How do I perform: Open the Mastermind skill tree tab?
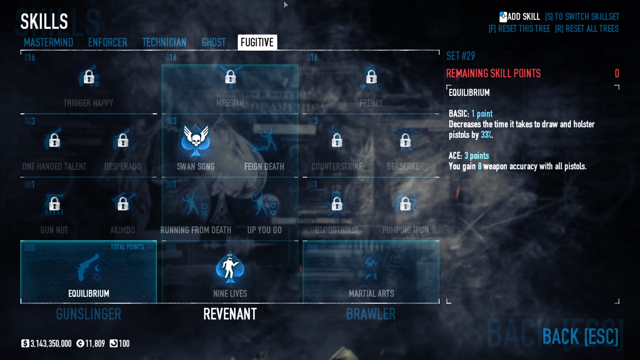[48, 42]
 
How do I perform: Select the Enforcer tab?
[108, 42]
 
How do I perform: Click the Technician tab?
[164, 42]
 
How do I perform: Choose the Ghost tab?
[214, 42]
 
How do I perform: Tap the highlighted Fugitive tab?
[257, 42]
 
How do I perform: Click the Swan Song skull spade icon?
[196, 140]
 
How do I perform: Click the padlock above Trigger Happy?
[89, 77]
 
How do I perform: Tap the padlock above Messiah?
[230, 77]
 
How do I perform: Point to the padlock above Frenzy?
[371, 77]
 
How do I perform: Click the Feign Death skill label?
[264, 166]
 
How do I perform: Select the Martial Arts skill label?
[371, 293]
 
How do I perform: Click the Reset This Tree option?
[519, 29]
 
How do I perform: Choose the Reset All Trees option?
[587, 29]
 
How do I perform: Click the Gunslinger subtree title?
[89, 314]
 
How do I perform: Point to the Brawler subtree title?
[371, 314]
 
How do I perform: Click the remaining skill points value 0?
[617, 73]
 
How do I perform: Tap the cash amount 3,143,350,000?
[51, 344]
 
